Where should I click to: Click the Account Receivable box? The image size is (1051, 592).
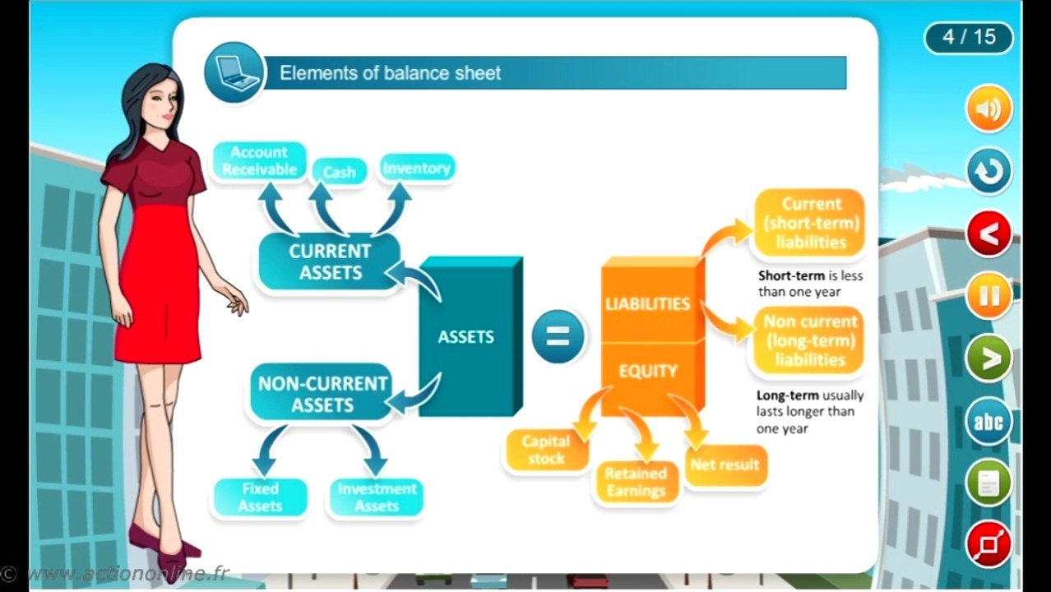pyautogui.click(x=259, y=160)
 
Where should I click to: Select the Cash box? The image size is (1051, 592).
pyautogui.click(x=339, y=172)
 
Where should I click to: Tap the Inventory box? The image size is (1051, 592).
pyautogui.click(x=416, y=169)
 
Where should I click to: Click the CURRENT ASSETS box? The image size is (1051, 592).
pyautogui.click(x=330, y=261)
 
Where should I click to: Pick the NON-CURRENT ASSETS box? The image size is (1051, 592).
pyautogui.click(x=322, y=394)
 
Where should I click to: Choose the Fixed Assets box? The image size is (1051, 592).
pyautogui.click(x=260, y=497)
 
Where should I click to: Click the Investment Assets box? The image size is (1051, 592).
pyautogui.click(x=376, y=497)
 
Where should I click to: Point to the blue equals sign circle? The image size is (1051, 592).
pyautogui.click(x=558, y=336)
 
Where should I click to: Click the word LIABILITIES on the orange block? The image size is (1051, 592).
pyautogui.click(x=647, y=303)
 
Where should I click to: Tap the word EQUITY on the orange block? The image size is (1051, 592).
pyautogui.click(x=648, y=371)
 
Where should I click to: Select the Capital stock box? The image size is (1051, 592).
pyautogui.click(x=546, y=451)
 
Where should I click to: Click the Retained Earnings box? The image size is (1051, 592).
pyautogui.click(x=636, y=482)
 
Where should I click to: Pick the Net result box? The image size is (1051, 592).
pyautogui.click(x=725, y=465)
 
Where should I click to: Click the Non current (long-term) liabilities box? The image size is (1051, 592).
pyautogui.click(x=810, y=340)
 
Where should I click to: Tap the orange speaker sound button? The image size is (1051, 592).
pyautogui.click(x=988, y=109)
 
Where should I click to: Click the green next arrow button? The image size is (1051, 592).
pyautogui.click(x=988, y=359)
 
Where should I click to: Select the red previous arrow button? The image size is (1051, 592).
pyautogui.click(x=988, y=234)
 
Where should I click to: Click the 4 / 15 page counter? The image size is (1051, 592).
pyautogui.click(x=969, y=37)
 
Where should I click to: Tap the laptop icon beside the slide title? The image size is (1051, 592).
pyautogui.click(x=234, y=72)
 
